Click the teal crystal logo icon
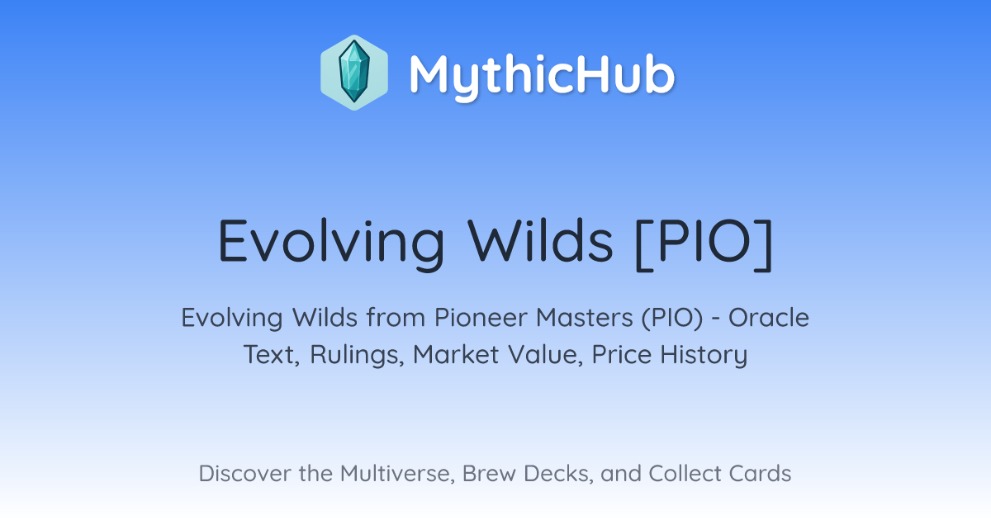tap(354, 73)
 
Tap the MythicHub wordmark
tap(542, 75)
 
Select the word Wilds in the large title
tap(541, 241)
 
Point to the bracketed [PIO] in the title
tap(704, 243)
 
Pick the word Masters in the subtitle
tap(585, 318)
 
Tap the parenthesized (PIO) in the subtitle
tap(672, 319)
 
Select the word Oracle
tap(769, 318)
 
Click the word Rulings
tap(357, 355)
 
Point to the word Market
tap(456, 354)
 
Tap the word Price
tap(622, 354)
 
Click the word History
tap(704, 355)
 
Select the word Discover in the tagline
tap(245, 473)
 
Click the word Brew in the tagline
tap(489, 473)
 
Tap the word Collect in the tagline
tap(685, 473)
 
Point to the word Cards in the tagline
tap(760, 473)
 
